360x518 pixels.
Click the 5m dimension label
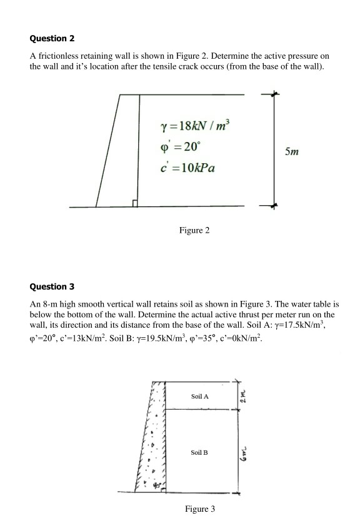292,152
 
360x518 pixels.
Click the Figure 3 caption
199,508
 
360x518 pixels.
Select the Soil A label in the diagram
200,397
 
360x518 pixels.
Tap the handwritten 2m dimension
245,395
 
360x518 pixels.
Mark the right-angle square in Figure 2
135,203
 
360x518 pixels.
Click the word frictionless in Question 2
58,56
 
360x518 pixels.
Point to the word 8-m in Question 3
51,304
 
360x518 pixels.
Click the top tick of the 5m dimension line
273,94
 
